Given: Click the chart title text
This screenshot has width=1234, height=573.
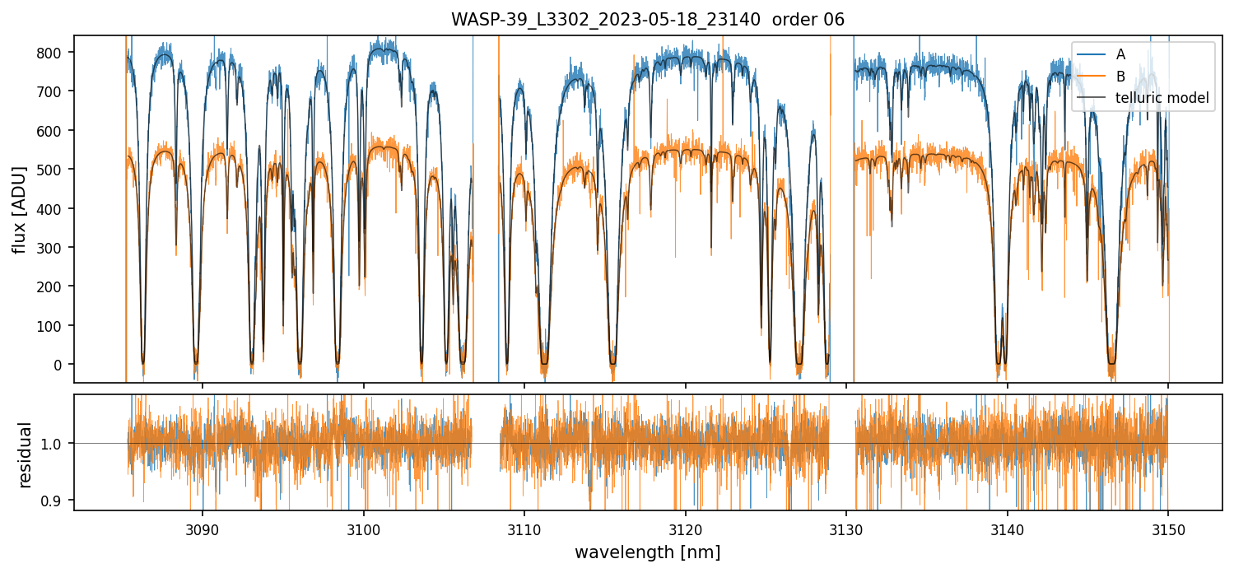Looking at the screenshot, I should coord(647,20).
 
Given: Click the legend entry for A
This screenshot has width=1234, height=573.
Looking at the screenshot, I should coord(1120,54).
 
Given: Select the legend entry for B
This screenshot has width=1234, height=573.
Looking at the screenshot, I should coord(1120,77).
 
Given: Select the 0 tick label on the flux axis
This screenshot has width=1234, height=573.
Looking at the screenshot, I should coord(62,365).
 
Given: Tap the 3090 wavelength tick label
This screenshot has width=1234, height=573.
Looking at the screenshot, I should coord(203,529).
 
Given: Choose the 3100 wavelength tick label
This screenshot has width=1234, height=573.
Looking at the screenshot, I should coord(364,529).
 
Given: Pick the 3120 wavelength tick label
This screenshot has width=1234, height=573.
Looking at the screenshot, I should coord(686,529).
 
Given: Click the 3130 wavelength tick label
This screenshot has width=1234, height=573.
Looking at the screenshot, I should coord(846,529).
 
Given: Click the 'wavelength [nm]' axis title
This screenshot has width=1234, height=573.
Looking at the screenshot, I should coord(647,552).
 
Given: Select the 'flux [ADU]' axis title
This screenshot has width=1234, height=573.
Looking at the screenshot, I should coord(20,209).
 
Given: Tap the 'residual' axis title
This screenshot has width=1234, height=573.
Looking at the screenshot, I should coord(25,454).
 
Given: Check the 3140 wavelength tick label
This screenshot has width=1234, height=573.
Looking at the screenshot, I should coord(1008,529).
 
